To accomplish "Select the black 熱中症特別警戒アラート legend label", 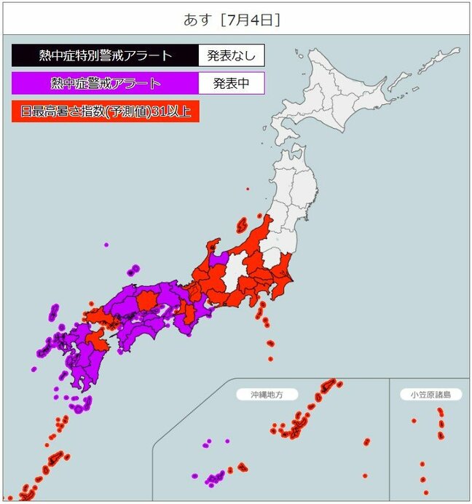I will [105, 55].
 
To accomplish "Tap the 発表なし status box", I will [231, 55].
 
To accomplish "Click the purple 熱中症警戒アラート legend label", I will [105, 83].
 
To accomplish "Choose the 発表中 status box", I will [231, 83].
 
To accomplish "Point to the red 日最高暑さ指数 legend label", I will [105, 111].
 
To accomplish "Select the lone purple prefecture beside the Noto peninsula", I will [217, 259].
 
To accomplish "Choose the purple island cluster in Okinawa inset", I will [216, 479].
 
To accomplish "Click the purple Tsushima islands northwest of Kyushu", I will [54, 312].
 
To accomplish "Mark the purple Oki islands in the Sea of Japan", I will [133, 271].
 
